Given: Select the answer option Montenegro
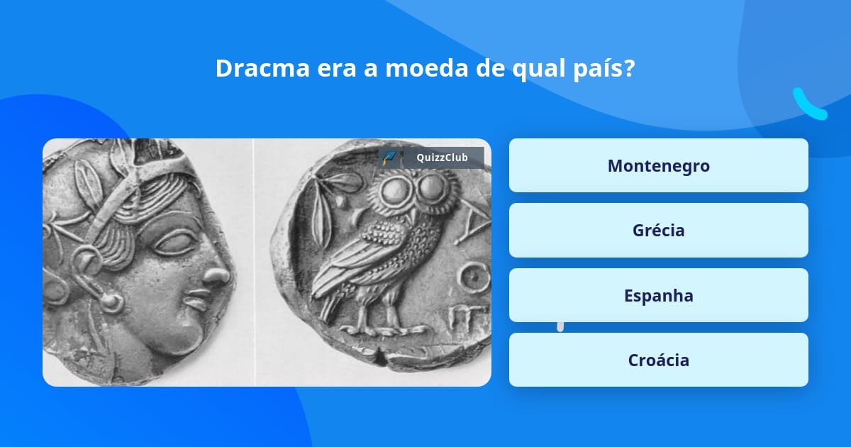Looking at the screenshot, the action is (658, 165).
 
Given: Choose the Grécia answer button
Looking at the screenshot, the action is (658, 230).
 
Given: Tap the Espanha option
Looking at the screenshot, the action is (658, 295).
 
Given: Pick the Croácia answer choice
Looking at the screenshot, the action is (658, 360).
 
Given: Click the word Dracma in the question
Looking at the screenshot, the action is (262, 68).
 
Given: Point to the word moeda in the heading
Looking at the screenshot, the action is (427, 68).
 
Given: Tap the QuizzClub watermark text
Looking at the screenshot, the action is (442, 158).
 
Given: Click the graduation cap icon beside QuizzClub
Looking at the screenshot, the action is (389, 158).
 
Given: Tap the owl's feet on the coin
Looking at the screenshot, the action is (380, 328).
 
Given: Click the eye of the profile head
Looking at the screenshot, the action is (174, 243).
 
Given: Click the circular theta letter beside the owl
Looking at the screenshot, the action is (474, 278).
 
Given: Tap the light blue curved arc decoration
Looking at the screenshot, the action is (808, 106).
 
